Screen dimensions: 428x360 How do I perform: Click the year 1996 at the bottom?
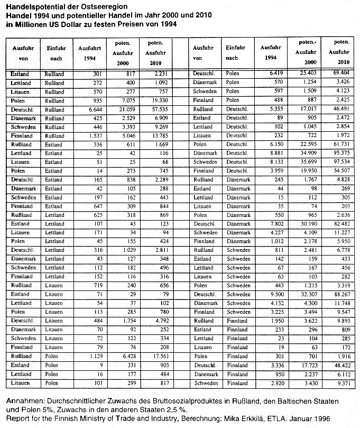coord(321,418)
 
